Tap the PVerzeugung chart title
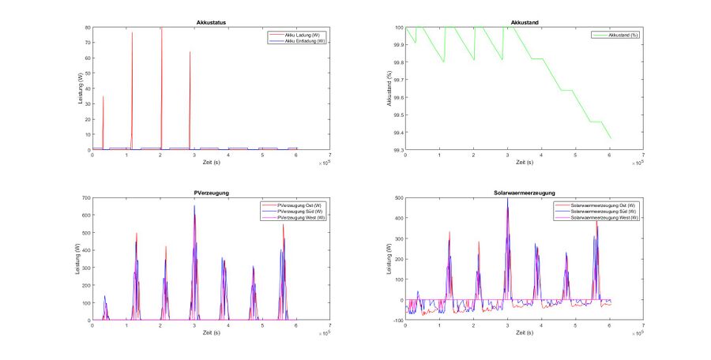tap(211, 192)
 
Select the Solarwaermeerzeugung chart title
tap(524, 192)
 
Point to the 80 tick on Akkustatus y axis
tap(88, 28)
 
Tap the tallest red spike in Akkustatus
tap(161, 29)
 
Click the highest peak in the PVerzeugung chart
tap(194, 207)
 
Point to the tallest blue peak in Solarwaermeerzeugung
tap(507, 199)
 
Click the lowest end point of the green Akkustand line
tap(611, 139)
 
